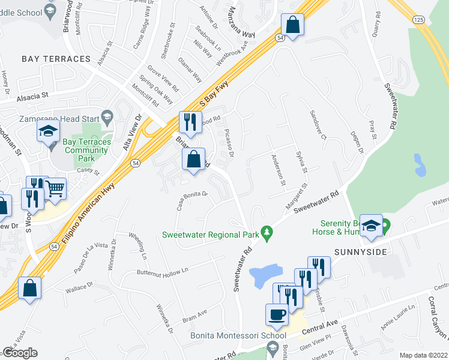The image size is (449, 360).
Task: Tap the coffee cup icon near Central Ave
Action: (x=277, y=314)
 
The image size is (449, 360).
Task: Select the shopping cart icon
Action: (x=55, y=188)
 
